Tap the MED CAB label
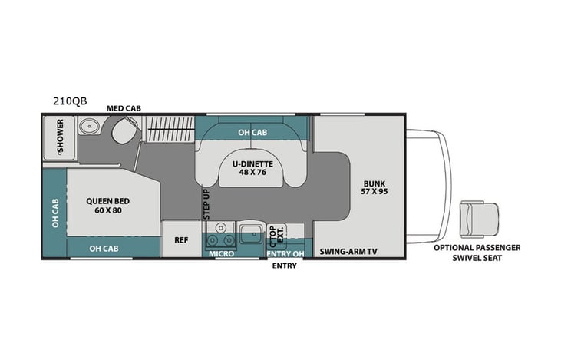(x=124, y=109)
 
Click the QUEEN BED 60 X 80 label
(x=111, y=206)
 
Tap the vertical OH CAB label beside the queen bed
(x=54, y=214)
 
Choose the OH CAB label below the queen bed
(x=104, y=249)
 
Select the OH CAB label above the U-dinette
(x=252, y=132)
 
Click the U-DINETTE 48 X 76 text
(x=252, y=167)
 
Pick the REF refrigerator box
(x=181, y=239)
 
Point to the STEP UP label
(x=206, y=205)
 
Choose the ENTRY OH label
(x=285, y=253)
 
